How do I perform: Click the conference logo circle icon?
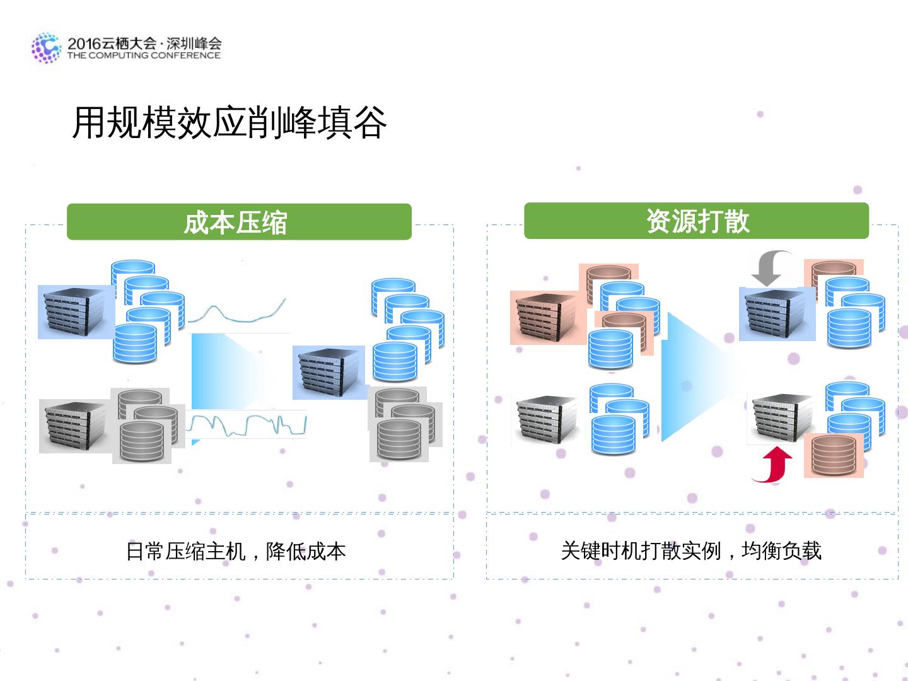46,48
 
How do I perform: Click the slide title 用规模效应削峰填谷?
229,122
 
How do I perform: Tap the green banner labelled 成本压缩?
239,222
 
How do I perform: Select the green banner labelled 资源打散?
696,221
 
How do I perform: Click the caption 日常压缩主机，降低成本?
236,551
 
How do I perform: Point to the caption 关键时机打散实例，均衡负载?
691,550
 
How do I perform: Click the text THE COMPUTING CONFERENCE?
144,55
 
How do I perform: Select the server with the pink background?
545,317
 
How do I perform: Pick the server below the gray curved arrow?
777,314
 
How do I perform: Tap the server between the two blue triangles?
329,372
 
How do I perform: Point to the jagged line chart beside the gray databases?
247,425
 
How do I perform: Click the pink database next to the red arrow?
834,455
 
